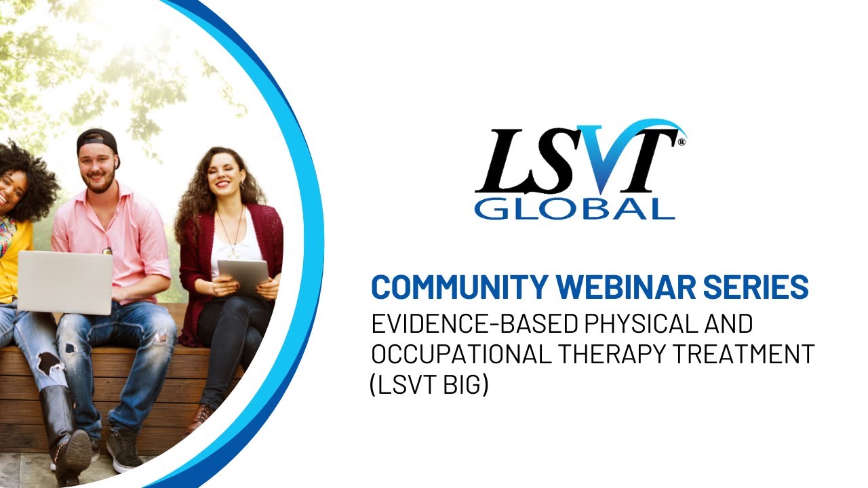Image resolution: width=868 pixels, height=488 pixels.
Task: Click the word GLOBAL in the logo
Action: click(574, 207)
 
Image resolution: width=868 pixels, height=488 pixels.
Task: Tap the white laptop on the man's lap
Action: click(65, 282)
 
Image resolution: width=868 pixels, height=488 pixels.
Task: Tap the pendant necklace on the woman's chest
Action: click(233, 253)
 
